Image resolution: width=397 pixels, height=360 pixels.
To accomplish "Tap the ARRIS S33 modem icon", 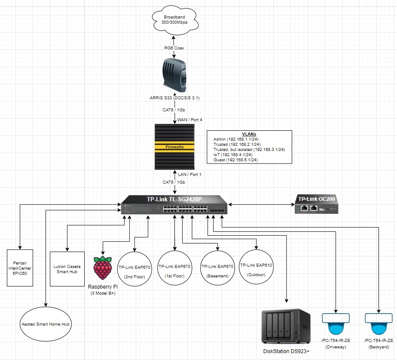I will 174,75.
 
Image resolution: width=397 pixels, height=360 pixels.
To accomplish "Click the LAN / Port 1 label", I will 189,175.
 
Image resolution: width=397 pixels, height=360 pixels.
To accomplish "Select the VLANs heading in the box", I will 249,134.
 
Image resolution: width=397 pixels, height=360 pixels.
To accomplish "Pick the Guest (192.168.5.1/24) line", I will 235,160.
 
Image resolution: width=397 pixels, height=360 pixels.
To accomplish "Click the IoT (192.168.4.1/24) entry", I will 232,154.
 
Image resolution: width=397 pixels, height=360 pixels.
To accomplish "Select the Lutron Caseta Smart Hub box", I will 66,269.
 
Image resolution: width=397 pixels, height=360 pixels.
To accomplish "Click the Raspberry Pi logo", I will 102,268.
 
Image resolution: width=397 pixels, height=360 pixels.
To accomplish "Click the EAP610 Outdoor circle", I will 257,269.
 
